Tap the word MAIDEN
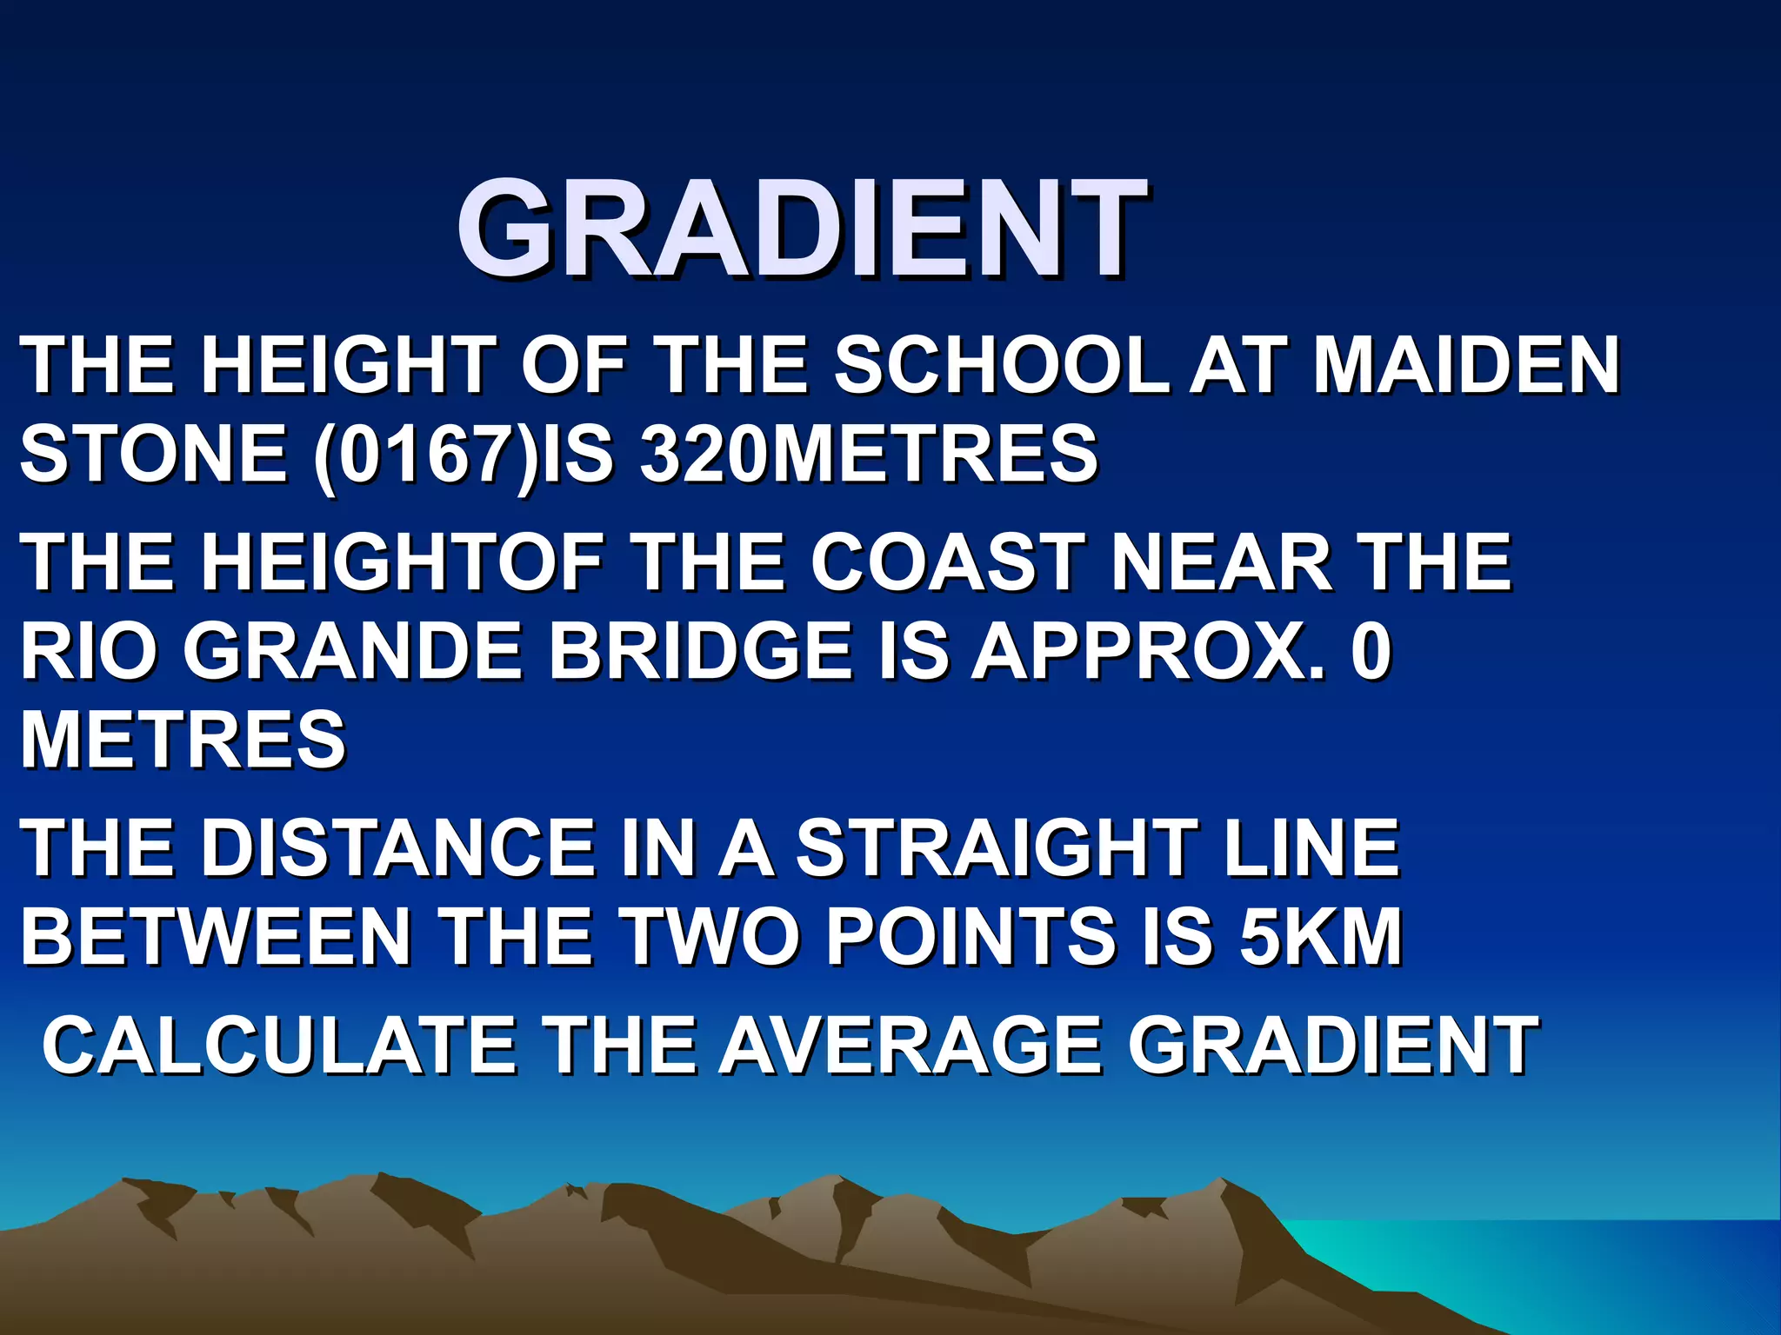point(1466,365)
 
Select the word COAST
point(948,562)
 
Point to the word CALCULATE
point(278,1046)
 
